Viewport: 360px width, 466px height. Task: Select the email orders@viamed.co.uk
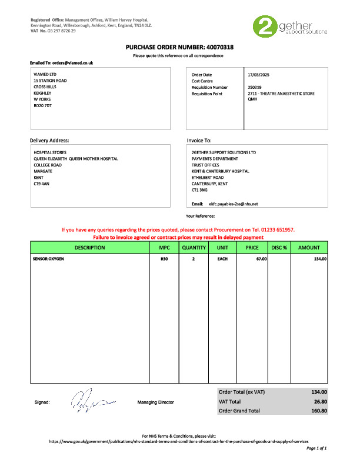[72, 62]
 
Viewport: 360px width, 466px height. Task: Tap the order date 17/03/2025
[258, 75]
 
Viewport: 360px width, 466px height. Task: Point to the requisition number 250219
[255, 87]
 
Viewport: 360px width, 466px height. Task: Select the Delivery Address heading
[49, 141]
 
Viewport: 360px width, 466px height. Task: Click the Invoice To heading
[199, 141]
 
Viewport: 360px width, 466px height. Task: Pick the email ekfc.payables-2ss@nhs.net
[234, 204]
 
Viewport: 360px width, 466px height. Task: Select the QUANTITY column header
[194, 248]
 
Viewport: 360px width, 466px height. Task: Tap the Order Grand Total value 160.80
[318, 411]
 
